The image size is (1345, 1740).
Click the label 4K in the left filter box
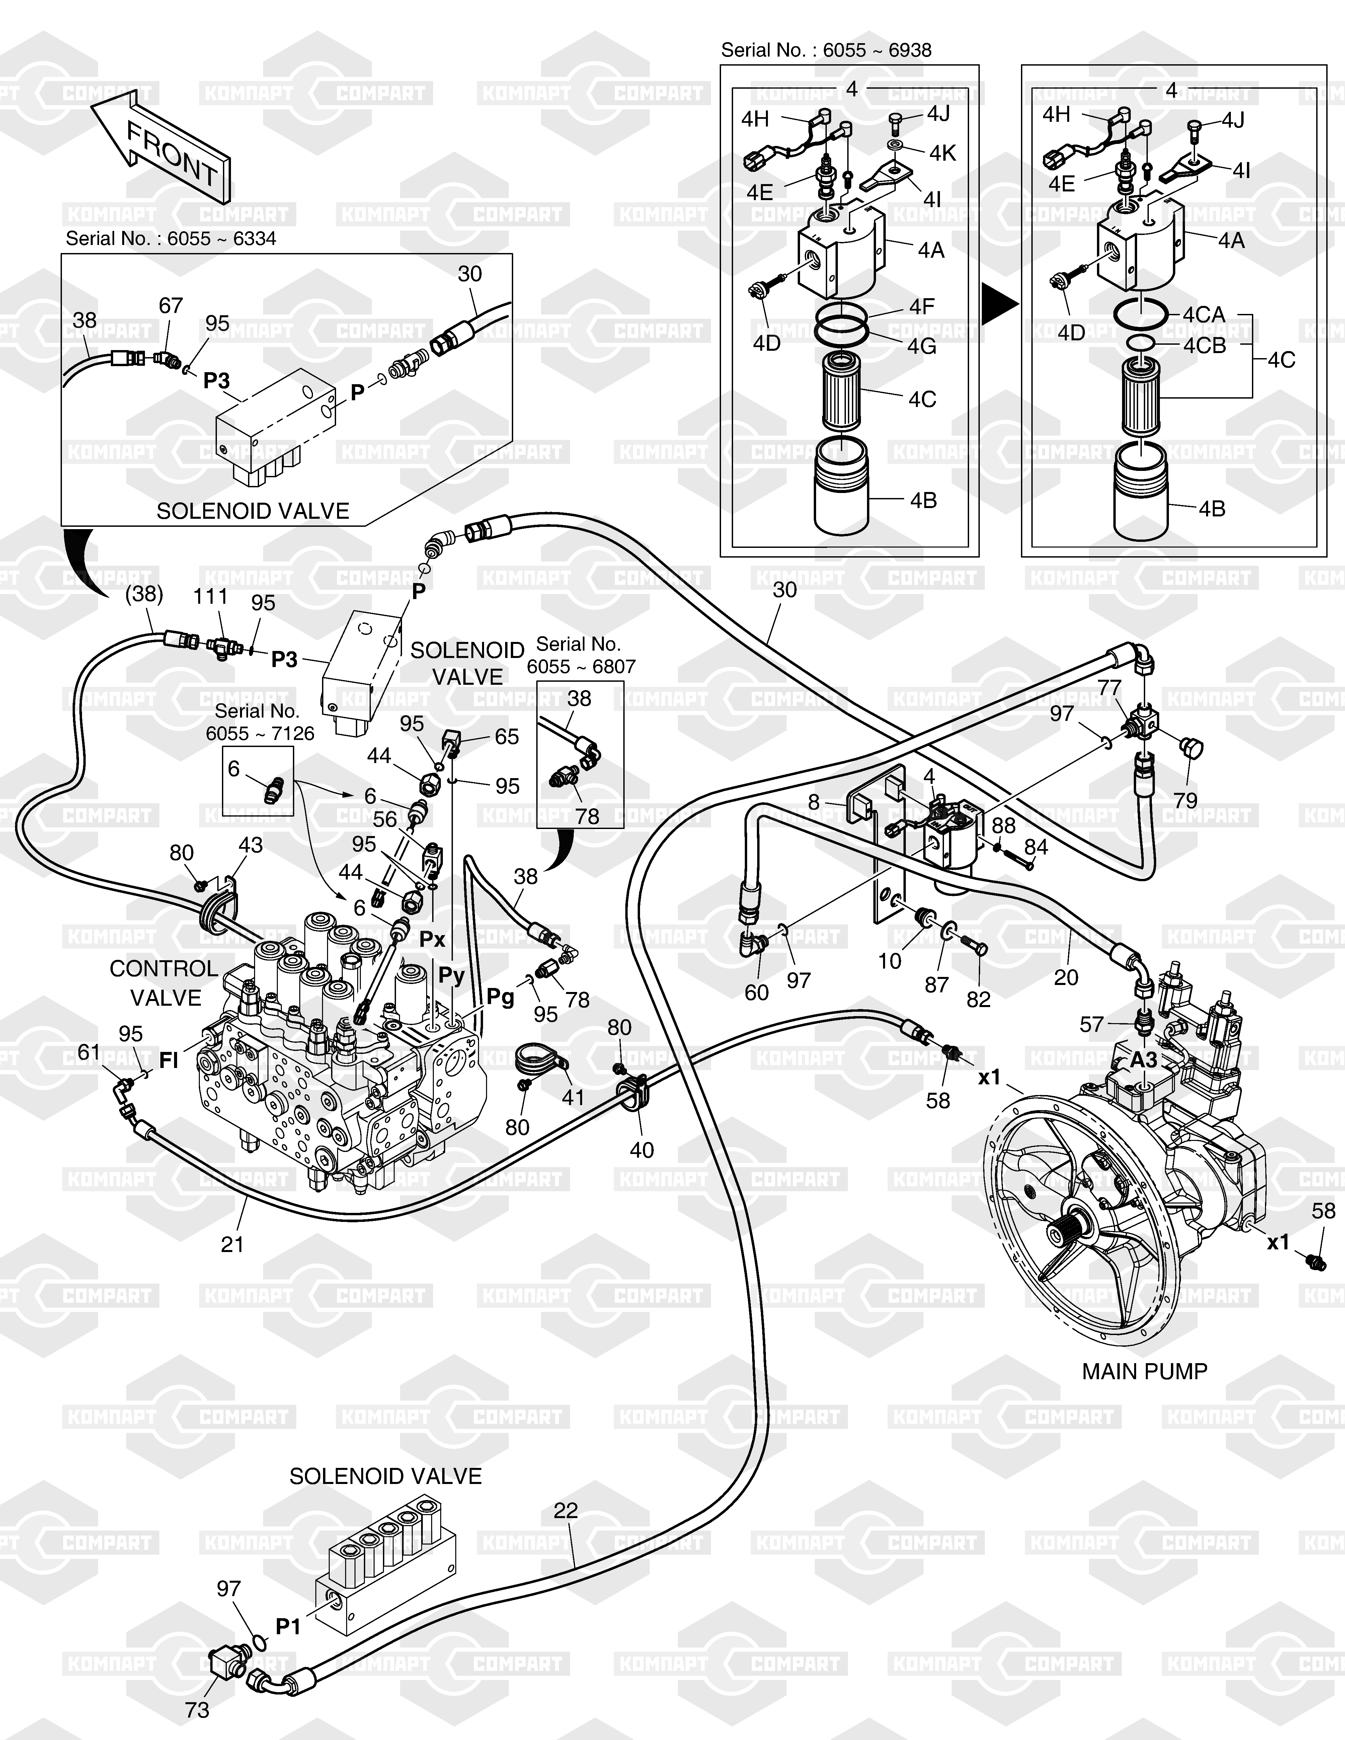943,153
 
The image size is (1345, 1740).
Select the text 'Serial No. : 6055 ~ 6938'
825,50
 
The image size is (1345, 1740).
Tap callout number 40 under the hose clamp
641,1150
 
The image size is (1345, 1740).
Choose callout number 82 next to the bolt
978,999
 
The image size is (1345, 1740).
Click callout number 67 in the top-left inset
170,305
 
